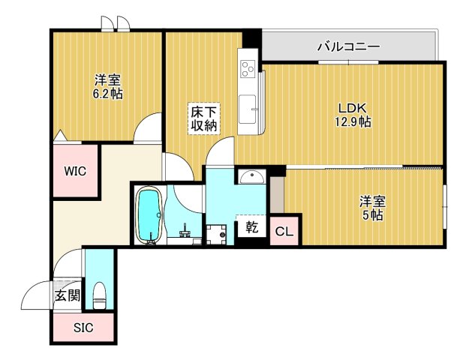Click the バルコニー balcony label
point(347,46)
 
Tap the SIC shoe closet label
point(83,328)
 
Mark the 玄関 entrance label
point(67,295)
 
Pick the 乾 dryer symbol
point(251,226)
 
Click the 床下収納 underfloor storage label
point(203,118)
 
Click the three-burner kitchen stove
point(247,68)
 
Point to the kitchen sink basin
point(247,106)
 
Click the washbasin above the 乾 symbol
point(252,177)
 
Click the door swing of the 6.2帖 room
point(147,127)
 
